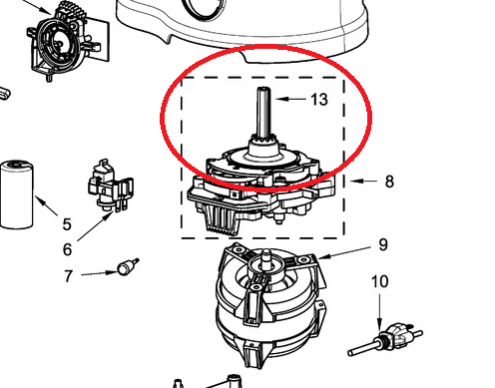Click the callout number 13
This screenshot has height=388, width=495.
click(x=319, y=100)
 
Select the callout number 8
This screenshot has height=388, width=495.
click(x=389, y=182)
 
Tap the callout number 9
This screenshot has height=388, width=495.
click(x=383, y=244)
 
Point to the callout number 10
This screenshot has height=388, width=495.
click(x=379, y=281)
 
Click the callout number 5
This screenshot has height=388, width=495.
click(x=67, y=224)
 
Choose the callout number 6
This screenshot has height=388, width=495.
click(x=67, y=249)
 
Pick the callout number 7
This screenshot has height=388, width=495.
click(x=68, y=276)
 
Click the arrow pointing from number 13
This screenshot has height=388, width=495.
click(x=290, y=99)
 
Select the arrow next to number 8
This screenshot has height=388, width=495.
click(x=363, y=182)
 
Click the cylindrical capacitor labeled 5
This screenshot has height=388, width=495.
click(x=17, y=194)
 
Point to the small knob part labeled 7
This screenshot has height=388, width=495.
click(x=128, y=266)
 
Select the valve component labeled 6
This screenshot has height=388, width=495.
click(x=111, y=187)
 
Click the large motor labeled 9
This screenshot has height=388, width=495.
click(x=269, y=304)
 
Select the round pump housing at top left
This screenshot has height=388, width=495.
click(x=67, y=42)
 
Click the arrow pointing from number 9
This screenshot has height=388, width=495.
click(x=344, y=252)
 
